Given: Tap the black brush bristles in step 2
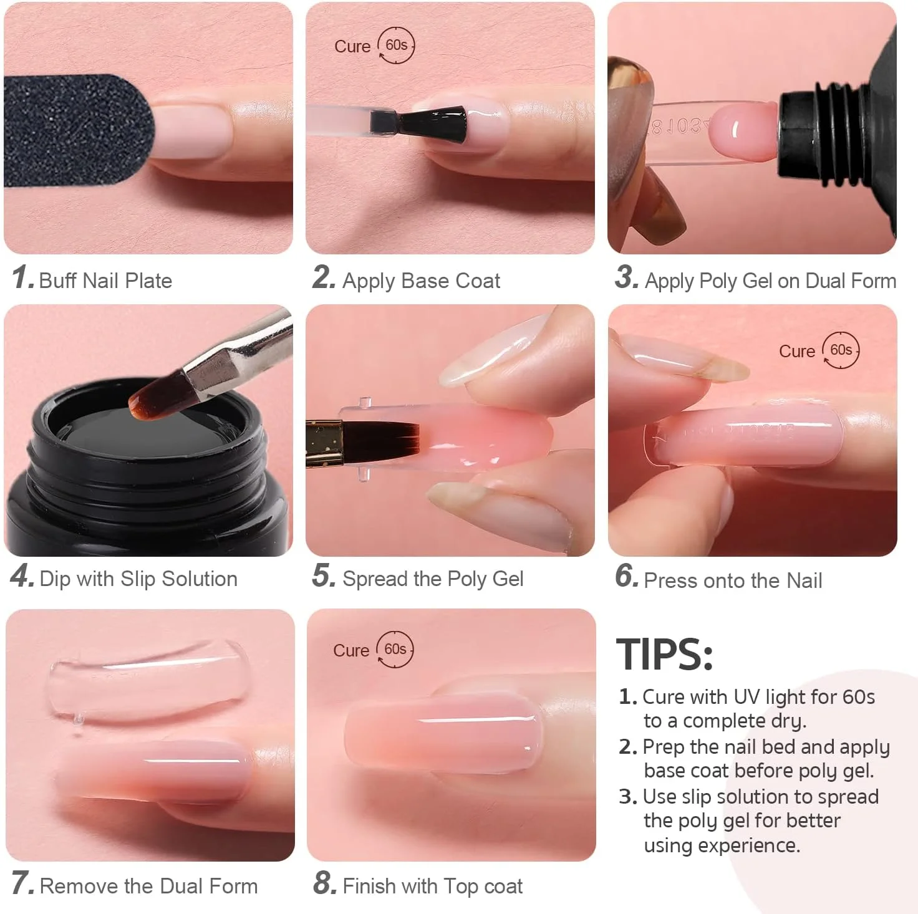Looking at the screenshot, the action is [433, 124].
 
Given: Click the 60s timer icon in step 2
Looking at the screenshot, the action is [396, 46].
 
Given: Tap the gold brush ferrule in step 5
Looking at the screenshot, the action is [324, 443].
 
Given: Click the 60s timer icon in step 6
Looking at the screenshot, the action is [841, 350].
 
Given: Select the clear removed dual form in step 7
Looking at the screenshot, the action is [148, 680].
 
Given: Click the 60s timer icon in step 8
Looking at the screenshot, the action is [395, 649].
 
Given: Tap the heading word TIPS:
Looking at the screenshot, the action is [665, 655].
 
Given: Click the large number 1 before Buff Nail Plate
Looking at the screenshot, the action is [21, 277].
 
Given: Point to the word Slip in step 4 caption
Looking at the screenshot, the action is [138, 579].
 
